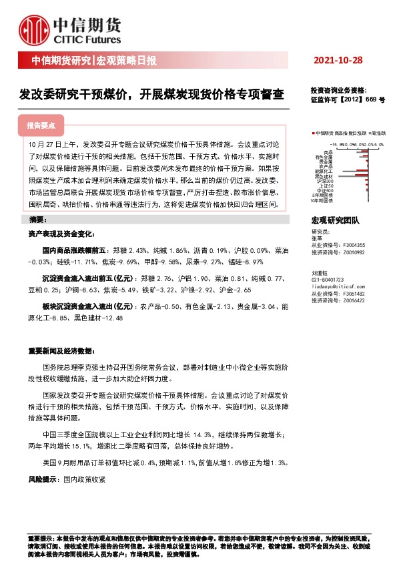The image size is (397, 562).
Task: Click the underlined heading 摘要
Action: click(37, 220)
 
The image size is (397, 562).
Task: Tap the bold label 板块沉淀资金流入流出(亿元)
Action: click(85, 305)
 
